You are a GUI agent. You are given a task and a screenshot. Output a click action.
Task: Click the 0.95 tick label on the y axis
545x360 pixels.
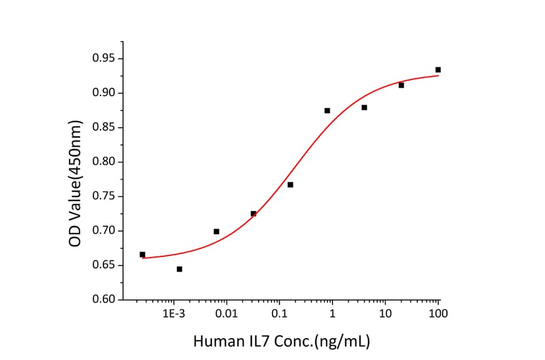[x=104, y=59]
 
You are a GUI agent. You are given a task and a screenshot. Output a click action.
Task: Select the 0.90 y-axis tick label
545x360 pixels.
[x=104, y=93]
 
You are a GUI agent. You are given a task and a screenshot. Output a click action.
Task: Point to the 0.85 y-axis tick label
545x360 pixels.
[x=104, y=128]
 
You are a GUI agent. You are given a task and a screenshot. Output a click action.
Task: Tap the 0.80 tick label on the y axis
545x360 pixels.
[x=104, y=162]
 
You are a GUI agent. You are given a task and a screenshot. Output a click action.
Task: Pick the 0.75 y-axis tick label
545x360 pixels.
[x=104, y=196]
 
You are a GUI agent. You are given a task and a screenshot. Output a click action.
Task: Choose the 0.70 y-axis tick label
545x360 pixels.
[x=104, y=231]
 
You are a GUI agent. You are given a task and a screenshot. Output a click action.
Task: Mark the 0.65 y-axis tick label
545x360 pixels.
[x=104, y=265]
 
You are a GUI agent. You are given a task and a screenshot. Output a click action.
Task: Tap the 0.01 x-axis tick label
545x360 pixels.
[x=226, y=313]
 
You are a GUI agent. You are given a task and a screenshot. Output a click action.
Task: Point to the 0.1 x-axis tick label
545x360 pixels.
[x=279, y=313]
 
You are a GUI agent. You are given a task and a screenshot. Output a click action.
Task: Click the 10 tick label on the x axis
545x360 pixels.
[x=385, y=313]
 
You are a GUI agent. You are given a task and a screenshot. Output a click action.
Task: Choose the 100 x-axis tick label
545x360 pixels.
[x=438, y=313]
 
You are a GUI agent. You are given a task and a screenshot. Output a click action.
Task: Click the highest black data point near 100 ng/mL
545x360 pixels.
[x=438, y=70]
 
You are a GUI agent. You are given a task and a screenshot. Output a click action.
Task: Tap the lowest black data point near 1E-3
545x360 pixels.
[x=179, y=269]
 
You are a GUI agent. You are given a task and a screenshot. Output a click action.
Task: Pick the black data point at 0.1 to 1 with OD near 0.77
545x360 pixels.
[x=290, y=184]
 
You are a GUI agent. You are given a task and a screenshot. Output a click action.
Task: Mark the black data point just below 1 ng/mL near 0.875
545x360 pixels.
[x=327, y=110]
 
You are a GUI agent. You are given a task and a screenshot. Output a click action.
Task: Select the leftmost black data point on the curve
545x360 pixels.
[x=142, y=255]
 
